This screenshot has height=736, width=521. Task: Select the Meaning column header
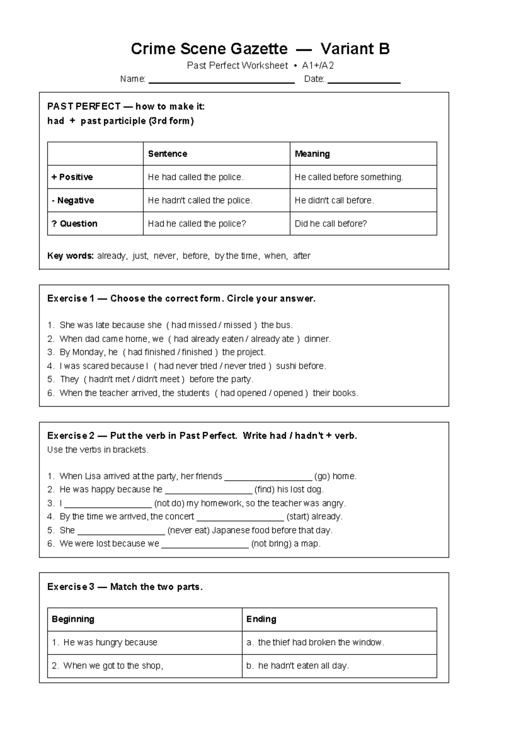[312, 154]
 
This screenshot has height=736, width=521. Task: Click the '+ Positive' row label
[72, 177]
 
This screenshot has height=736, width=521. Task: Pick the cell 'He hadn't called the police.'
[200, 200]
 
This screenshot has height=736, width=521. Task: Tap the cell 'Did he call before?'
[330, 224]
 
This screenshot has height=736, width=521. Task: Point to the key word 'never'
[165, 256]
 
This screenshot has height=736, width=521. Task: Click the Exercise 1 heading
[181, 299]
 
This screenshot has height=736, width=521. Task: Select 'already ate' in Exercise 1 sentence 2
[272, 339]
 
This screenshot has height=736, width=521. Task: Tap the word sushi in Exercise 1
[286, 366]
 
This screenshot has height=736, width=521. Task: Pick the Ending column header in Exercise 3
[261, 619]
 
